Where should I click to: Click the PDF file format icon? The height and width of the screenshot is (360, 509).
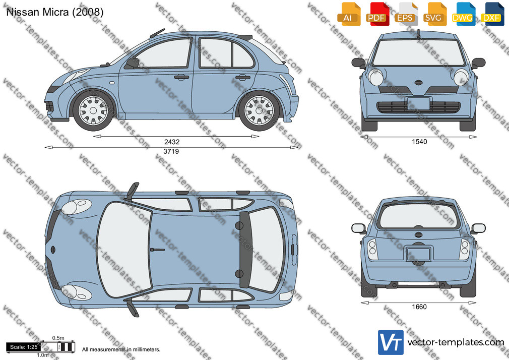pos(376,14)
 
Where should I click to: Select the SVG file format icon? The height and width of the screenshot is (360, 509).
pos(434,14)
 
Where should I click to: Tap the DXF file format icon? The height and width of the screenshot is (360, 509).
pos(492,14)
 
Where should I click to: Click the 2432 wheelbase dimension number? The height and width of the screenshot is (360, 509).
pos(172,142)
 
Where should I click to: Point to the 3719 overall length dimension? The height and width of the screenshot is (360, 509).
pos(171,151)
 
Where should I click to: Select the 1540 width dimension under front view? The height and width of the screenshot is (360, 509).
pos(419,141)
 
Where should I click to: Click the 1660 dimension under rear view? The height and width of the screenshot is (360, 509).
pos(419,307)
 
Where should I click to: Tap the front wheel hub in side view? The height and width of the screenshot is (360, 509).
pos(93,110)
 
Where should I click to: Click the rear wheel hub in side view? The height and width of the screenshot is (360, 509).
pos(259,110)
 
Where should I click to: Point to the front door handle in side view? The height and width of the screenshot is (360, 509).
pos(181,77)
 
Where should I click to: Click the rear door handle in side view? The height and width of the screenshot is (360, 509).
pos(243,77)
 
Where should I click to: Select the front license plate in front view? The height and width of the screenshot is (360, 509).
pos(419,103)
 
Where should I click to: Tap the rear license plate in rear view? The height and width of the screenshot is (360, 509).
pos(419,254)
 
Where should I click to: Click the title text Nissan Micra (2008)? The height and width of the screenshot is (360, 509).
pos(55,12)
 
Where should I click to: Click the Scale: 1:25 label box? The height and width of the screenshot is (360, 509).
pos(24,347)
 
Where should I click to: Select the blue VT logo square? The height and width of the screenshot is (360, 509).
pos(391,342)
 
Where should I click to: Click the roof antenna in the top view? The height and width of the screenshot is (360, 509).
pos(157,250)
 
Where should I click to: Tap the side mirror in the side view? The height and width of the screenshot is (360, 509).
pos(132,63)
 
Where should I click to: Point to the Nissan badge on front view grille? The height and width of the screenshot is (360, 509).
pos(419,83)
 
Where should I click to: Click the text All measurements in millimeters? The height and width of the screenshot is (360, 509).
pos(121,349)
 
